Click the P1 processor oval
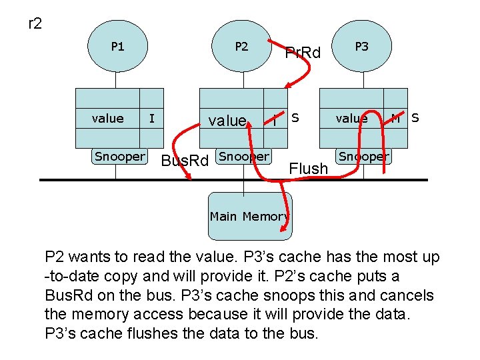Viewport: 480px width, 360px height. point(117,47)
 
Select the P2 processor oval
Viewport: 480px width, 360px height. point(241,47)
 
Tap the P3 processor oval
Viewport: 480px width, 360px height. point(361,47)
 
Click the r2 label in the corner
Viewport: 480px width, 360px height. point(35,25)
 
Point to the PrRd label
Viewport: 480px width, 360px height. point(303,53)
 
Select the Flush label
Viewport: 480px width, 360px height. point(309,169)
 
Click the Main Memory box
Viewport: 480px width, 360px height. point(249,216)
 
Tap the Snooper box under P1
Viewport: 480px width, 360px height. point(119,157)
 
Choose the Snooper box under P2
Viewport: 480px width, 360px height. point(244,157)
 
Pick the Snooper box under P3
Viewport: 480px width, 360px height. point(363,157)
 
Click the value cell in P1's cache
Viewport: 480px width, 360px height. point(107,119)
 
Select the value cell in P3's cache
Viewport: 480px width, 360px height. point(351,119)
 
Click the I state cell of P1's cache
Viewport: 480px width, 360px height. point(152,119)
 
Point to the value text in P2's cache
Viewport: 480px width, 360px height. point(227,121)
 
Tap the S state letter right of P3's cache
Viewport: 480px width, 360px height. point(415,118)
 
